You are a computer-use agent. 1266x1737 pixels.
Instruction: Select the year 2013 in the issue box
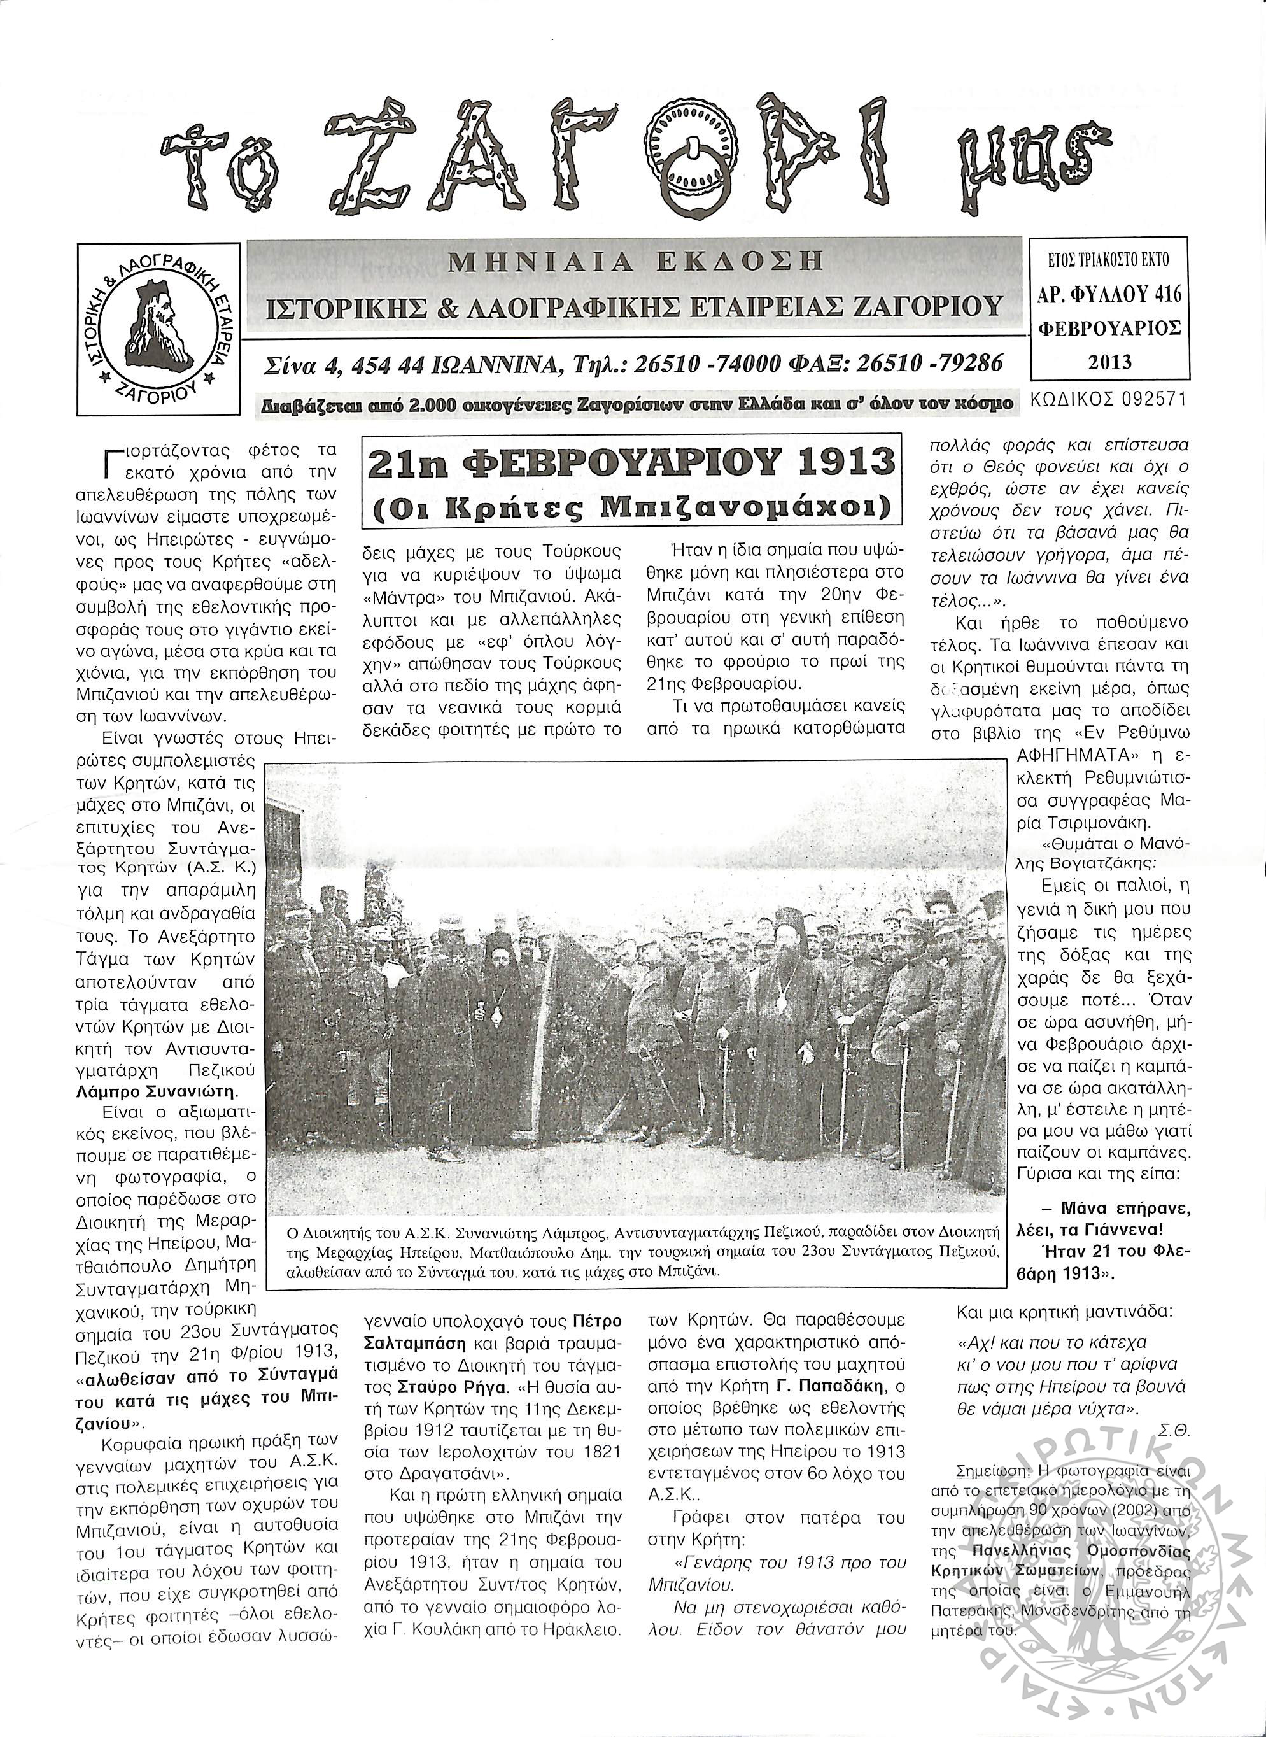pos(1109,361)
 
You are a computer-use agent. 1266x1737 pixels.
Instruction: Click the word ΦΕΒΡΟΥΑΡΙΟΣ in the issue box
pos(1109,328)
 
